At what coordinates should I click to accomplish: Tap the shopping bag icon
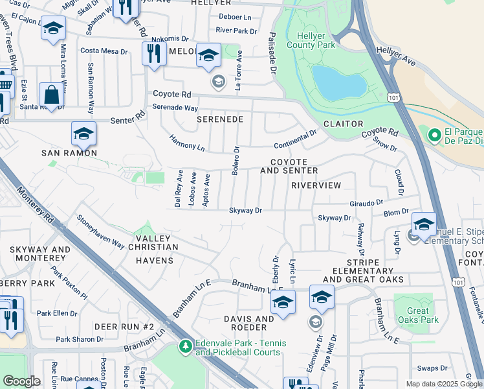51,95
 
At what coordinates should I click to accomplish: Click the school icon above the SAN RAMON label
83,134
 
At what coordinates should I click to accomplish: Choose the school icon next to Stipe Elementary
424,224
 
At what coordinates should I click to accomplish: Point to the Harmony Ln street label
187,143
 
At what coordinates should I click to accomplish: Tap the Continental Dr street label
295,139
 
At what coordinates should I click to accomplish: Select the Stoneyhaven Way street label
100,231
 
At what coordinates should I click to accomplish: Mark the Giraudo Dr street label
368,203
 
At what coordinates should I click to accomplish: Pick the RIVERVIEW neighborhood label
316,185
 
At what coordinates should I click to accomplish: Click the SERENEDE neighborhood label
221,120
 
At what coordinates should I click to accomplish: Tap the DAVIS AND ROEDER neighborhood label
249,324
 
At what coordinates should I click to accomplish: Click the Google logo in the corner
21,381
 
